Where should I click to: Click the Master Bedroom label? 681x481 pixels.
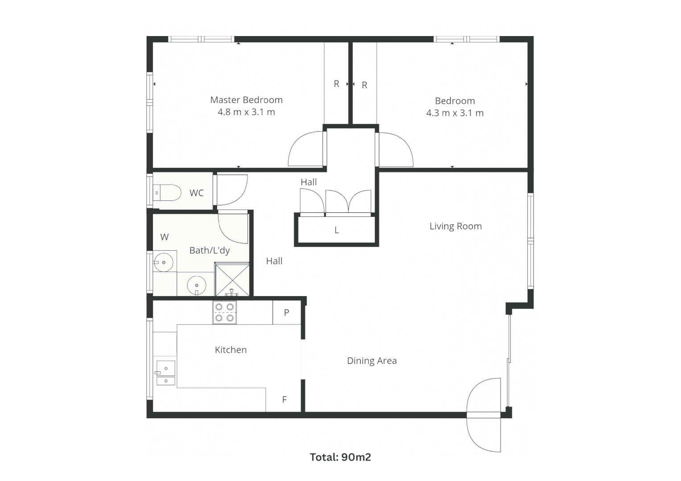click(x=246, y=100)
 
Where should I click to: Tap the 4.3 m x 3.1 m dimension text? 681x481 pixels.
click(x=455, y=113)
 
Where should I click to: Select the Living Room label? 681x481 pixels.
click(x=455, y=226)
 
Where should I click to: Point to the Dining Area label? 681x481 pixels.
click(x=372, y=361)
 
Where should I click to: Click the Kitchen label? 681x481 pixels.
click(x=230, y=350)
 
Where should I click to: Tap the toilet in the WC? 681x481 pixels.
click(x=168, y=193)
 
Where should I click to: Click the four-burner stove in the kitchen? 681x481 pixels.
click(x=225, y=312)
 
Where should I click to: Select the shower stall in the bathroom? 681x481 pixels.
click(x=232, y=280)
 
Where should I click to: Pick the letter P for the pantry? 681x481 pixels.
click(x=287, y=313)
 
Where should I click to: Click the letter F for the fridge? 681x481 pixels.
click(x=284, y=400)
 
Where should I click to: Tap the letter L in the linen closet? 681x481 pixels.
click(x=336, y=230)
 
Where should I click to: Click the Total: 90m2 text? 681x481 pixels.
click(x=340, y=457)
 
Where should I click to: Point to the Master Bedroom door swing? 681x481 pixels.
click(x=305, y=150)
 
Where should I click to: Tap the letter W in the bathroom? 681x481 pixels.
click(x=164, y=237)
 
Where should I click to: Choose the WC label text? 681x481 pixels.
click(x=197, y=193)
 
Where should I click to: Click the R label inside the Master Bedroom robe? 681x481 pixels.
click(x=336, y=84)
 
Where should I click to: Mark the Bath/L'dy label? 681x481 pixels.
click(x=209, y=250)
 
